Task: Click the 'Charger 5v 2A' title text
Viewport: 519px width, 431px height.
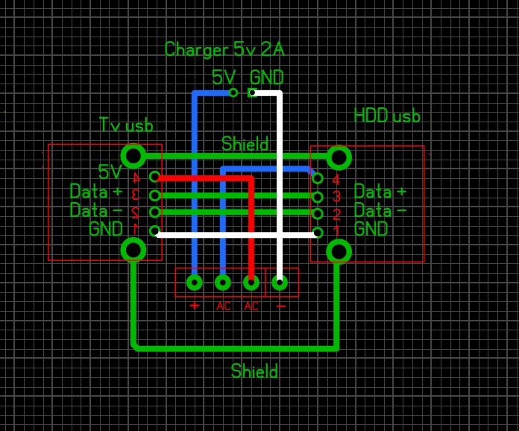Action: click(224, 50)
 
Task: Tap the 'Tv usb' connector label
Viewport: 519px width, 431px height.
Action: click(126, 125)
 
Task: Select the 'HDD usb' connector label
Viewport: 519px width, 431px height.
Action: click(387, 116)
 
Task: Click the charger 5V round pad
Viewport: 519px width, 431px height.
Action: click(233, 92)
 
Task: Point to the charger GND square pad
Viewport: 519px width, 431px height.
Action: click(252, 92)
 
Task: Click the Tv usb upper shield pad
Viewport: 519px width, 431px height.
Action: click(133, 156)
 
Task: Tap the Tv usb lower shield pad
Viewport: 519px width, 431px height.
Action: click(133, 249)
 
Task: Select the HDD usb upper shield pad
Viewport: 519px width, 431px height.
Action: click(339, 157)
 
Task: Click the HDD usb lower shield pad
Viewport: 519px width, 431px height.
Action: click(339, 251)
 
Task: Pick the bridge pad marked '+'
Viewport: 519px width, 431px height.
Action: click(195, 282)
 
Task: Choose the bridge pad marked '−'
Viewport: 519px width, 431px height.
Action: click(280, 282)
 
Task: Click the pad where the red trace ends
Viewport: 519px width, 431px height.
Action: click(251, 282)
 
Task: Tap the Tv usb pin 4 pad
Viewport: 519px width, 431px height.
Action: click(154, 177)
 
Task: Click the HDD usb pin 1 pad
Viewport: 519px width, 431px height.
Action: click(318, 232)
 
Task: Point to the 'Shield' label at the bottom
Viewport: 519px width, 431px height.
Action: click(254, 371)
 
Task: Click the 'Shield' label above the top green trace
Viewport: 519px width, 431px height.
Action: click(245, 144)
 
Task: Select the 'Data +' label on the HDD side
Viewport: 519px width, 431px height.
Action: click(380, 191)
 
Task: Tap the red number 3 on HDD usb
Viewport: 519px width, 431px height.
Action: click(336, 197)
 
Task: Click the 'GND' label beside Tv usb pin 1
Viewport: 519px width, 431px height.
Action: click(106, 229)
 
